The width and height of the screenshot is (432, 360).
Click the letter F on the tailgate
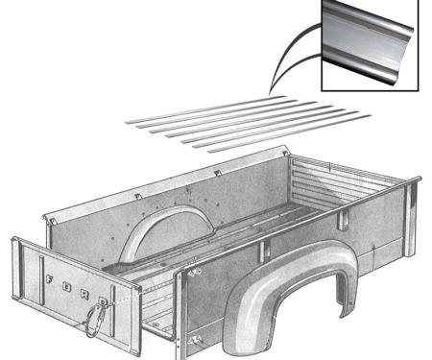click(48, 277)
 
